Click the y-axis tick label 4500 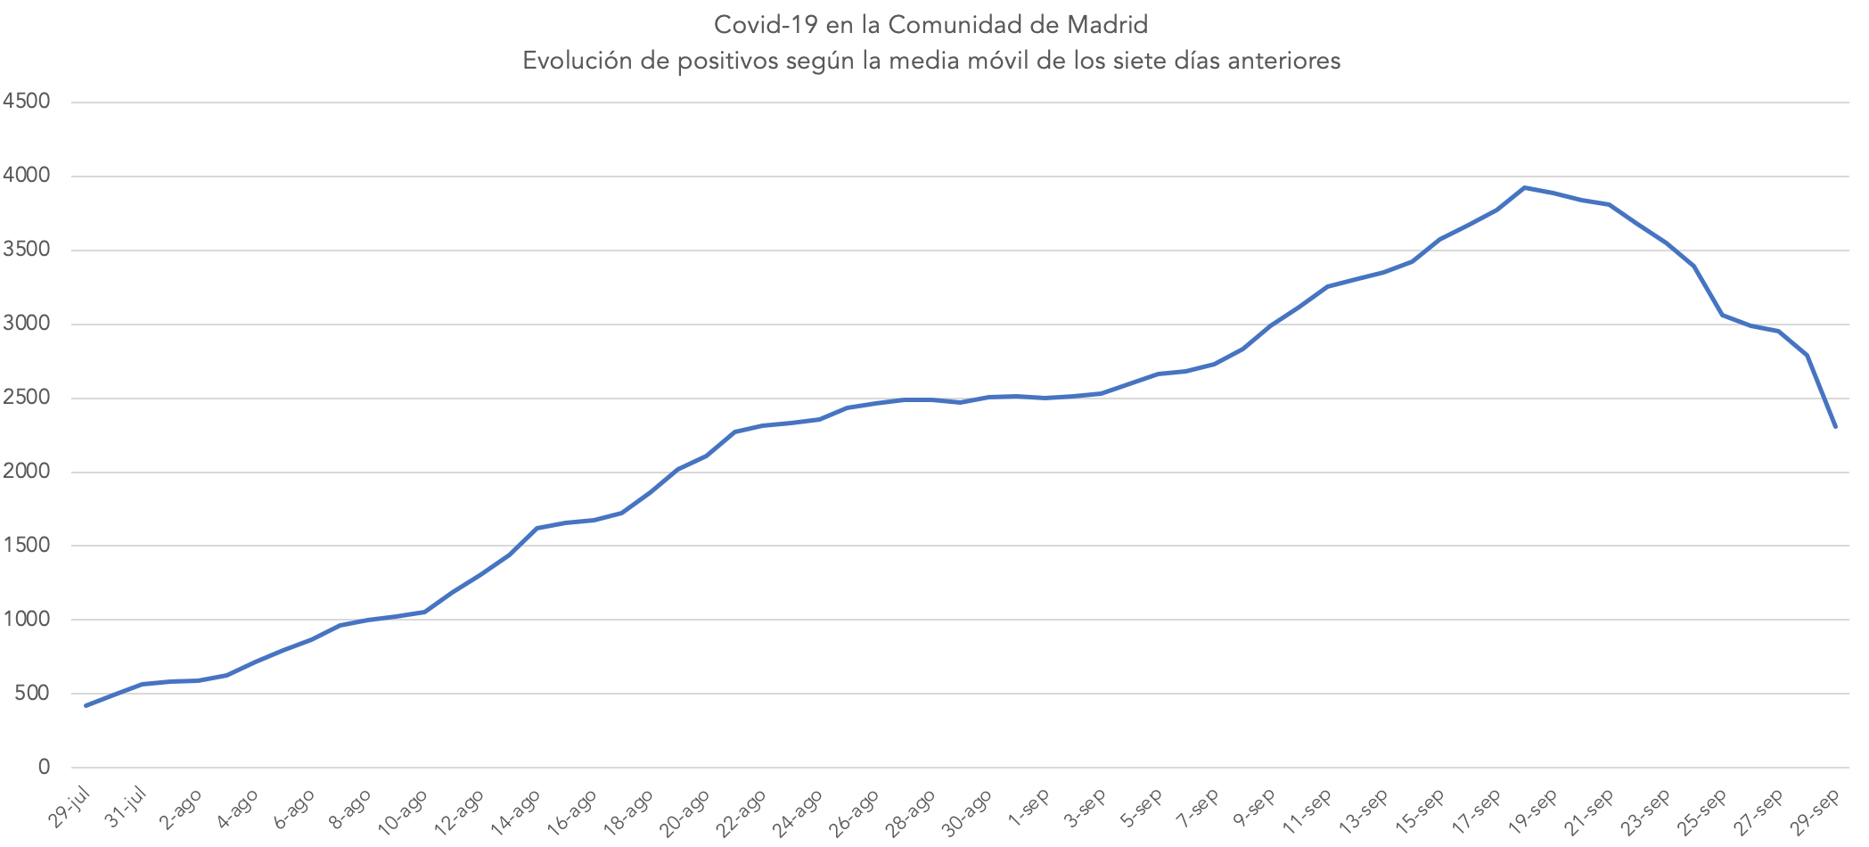pyautogui.click(x=26, y=102)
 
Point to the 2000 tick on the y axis pyautogui.click(x=26, y=472)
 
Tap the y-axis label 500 pyautogui.click(x=31, y=693)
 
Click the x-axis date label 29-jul pyautogui.click(x=70, y=808)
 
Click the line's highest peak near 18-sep pyautogui.click(x=1525, y=187)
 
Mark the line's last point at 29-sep pyautogui.click(x=1835, y=426)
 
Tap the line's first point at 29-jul pyautogui.click(x=86, y=705)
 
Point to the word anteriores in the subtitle pyautogui.click(x=1283, y=61)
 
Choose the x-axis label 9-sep pyautogui.click(x=1254, y=808)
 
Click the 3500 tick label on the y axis pyautogui.click(x=26, y=250)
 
